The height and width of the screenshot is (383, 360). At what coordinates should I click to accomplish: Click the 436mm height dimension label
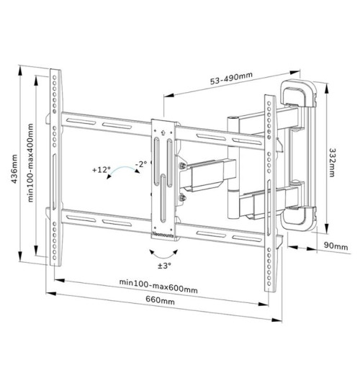(x=14, y=168)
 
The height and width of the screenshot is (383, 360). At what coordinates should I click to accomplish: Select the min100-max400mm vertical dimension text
(x=30, y=163)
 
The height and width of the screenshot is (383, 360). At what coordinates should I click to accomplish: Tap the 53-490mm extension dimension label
(x=231, y=78)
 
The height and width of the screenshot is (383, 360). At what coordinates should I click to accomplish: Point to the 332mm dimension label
(x=332, y=163)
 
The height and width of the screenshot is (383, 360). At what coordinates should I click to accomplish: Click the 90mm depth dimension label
(x=336, y=245)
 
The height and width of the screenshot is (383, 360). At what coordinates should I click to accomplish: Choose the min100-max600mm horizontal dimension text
(x=158, y=286)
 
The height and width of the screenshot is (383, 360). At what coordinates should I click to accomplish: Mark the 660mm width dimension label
(x=161, y=299)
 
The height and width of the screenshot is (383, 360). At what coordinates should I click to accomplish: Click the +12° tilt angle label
(x=101, y=169)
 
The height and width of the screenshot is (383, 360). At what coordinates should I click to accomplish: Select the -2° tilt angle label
(x=141, y=163)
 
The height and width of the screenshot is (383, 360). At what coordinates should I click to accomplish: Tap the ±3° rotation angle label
(x=164, y=266)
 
